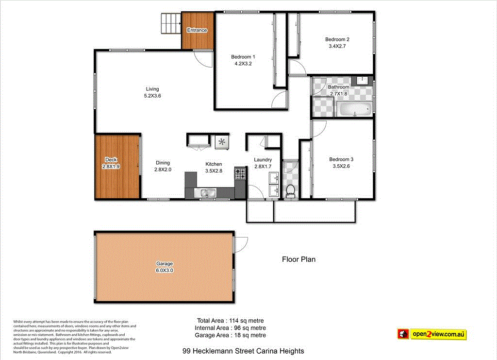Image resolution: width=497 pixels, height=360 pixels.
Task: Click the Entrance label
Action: (x=197, y=30)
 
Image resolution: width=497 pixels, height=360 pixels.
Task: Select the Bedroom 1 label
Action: (x=243, y=56)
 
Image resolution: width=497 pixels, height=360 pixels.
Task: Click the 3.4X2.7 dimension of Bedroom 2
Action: (x=337, y=46)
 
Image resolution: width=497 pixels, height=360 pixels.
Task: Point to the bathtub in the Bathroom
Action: (x=355, y=109)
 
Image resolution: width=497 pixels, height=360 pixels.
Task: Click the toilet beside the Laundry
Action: (x=290, y=191)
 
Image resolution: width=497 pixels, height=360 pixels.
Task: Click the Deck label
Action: (x=111, y=159)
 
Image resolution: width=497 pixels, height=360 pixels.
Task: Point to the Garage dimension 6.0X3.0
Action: (x=164, y=270)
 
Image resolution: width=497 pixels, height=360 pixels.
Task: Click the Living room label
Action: (x=152, y=89)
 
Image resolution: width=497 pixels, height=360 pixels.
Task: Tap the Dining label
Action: (x=163, y=163)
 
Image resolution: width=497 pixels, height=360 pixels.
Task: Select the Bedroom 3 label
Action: (x=341, y=159)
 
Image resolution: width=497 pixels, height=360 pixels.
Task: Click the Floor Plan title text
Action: (x=298, y=259)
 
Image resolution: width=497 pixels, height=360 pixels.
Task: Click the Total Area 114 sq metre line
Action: (x=230, y=321)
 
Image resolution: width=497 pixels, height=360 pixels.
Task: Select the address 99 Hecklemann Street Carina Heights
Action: (x=243, y=351)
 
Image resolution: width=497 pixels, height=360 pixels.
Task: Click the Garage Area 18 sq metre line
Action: (x=230, y=335)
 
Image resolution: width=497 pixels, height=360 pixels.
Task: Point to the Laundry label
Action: (x=263, y=159)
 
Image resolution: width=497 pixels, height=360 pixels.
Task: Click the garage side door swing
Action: (x=241, y=244)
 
